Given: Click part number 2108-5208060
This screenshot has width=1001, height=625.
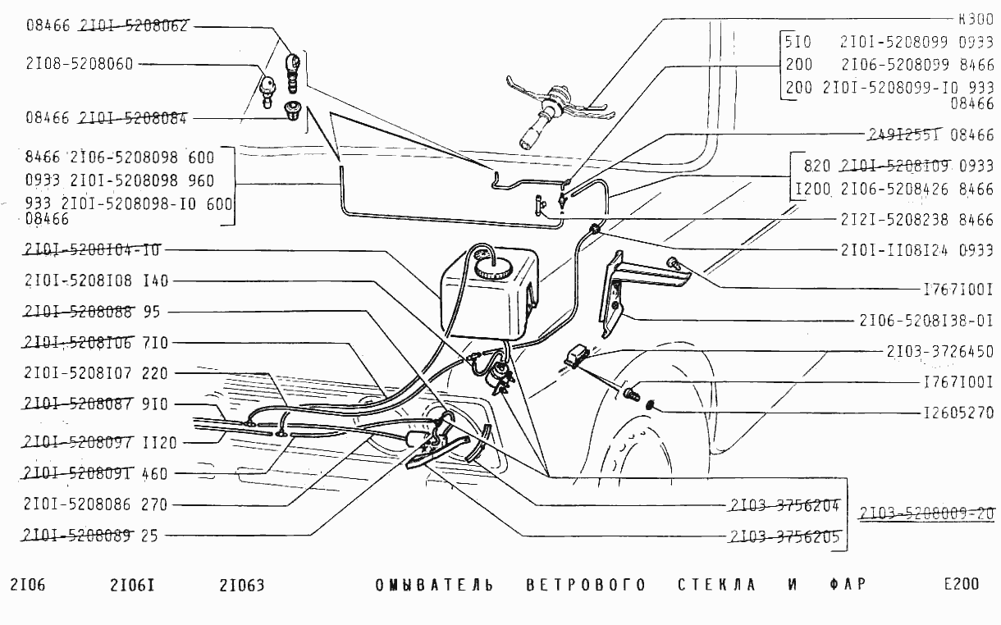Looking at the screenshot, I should [79, 64].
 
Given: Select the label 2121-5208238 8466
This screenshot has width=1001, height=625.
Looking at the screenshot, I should [916, 220].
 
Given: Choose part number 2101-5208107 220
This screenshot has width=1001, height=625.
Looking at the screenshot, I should [96, 373].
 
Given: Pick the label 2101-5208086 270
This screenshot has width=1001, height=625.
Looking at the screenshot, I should [96, 504].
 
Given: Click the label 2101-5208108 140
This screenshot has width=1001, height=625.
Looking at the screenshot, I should [96, 281].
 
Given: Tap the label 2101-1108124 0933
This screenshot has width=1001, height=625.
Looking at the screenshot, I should [916, 251].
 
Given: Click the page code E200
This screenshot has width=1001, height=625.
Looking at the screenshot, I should [962, 585].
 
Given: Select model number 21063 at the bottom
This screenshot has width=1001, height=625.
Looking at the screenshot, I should [242, 586].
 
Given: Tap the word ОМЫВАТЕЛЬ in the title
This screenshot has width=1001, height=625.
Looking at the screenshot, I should [434, 586].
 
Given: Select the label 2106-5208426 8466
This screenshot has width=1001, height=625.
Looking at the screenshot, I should [916, 189].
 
